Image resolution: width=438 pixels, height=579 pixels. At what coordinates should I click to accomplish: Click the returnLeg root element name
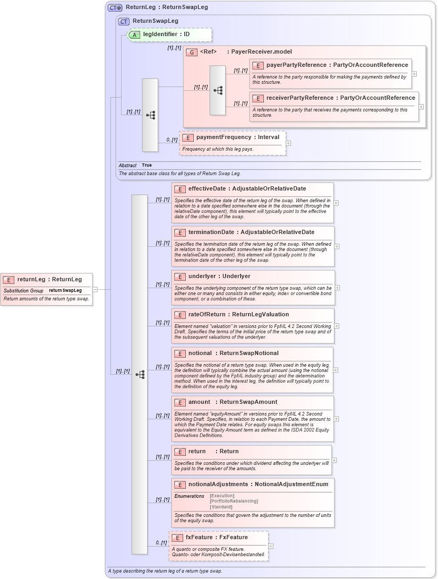(x=31, y=279)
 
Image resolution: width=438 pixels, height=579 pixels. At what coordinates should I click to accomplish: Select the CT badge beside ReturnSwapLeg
(x=124, y=21)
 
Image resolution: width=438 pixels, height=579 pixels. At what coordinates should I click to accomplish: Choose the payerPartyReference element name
(x=296, y=65)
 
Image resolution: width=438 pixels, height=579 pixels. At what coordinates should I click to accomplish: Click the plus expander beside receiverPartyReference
(x=421, y=107)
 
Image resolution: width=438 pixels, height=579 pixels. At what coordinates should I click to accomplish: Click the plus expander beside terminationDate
(x=337, y=246)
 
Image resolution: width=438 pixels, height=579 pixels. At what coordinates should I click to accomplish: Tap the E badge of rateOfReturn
(x=180, y=315)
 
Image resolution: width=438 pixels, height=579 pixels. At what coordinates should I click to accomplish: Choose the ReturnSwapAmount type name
(x=246, y=402)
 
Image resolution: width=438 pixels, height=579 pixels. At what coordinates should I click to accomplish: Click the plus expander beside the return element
(x=334, y=460)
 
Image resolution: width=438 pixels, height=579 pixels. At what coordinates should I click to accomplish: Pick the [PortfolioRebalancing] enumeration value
(x=234, y=501)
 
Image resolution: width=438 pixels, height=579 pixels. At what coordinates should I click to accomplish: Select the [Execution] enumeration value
(x=222, y=496)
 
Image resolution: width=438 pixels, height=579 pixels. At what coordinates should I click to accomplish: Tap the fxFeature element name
(x=199, y=537)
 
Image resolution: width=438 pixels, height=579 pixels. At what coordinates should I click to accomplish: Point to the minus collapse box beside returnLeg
(x=95, y=289)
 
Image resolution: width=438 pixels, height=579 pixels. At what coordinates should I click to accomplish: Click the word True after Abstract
(x=147, y=165)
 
